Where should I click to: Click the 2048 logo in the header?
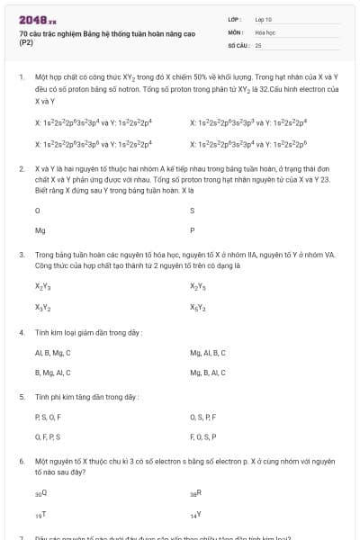pos(37,20)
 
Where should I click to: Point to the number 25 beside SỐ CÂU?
pos(258,44)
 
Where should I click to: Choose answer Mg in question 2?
pos(40,230)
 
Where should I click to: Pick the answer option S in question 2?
pos(192,210)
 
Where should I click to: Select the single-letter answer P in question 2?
pos(192,230)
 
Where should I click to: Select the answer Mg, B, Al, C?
pos(208,373)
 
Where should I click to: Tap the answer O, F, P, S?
pos(47,436)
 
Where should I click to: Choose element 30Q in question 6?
pos(40,494)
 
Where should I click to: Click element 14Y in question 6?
pos(195,515)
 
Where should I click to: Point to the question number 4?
pos(21,332)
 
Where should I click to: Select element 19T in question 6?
pos(40,515)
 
